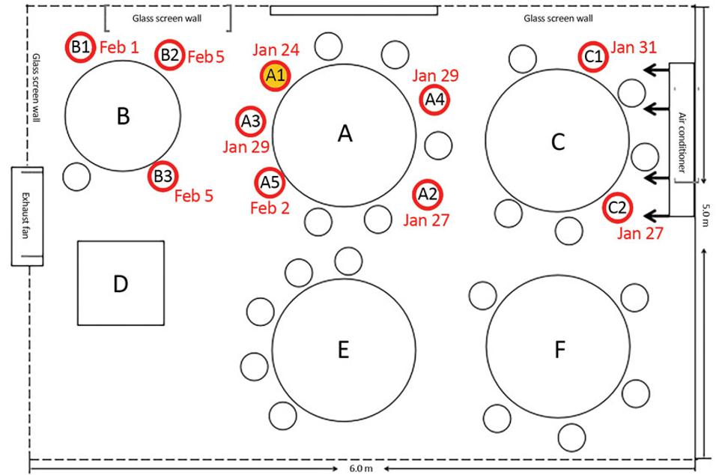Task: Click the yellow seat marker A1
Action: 275,76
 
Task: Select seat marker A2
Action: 427,194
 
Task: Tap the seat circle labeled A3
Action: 251,121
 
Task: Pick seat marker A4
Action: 434,100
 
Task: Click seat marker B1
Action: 81,48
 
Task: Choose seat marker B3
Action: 163,176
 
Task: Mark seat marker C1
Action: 593,55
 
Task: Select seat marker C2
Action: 617,208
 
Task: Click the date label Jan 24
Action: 276,50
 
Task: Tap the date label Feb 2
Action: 270,208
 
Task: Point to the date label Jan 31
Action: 634,47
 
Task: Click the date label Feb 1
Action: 119,47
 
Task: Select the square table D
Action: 121,283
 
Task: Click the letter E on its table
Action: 343,350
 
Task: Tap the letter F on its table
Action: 559,350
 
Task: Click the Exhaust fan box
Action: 27,216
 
